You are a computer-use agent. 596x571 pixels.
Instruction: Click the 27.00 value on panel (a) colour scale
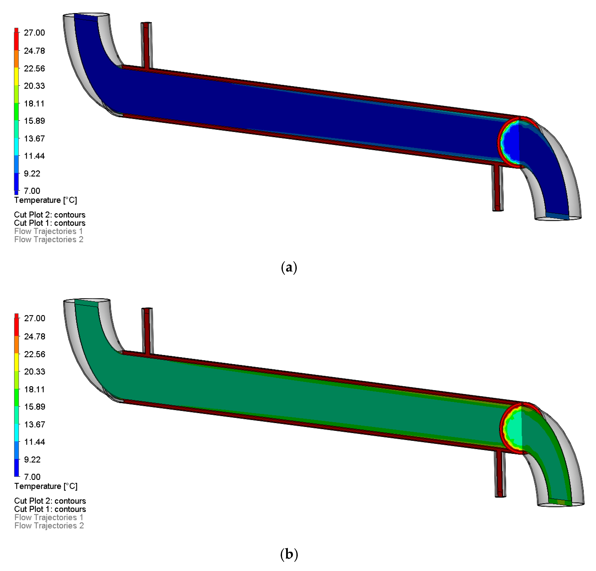tap(34, 33)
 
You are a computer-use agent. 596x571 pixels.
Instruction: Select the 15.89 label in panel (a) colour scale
tap(34, 121)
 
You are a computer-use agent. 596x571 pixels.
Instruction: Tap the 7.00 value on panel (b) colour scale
tap(32, 477)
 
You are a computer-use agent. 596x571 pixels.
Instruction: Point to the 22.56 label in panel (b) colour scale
tap(35, 354)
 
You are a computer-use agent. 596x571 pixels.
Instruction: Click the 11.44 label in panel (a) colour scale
tap(34, 156)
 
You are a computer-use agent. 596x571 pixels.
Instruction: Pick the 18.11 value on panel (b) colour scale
tap(35, 389)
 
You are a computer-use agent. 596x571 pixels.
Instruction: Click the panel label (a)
tap(289, 267)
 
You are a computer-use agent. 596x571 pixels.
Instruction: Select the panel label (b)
tap(289, 554)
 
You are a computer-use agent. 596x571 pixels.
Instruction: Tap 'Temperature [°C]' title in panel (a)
tap(46, 200)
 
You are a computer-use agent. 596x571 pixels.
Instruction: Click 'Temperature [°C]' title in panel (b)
tap(46, 486)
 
